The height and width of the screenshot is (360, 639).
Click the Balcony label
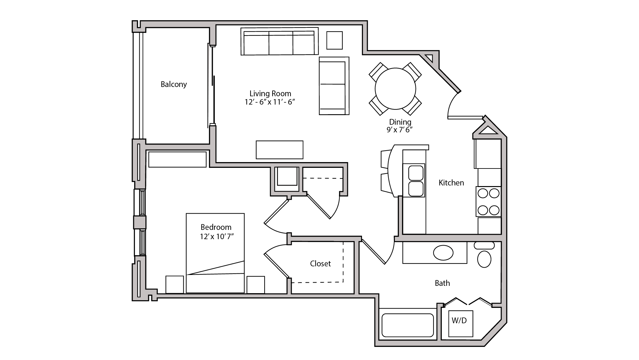[x=173, y=84]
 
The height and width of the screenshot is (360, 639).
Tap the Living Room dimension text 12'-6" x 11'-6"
[x=270, y=102]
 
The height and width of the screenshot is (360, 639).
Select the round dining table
[x=395, y=89]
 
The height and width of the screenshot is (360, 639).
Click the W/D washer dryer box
[x=460, y=323]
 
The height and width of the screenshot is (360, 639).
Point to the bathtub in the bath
[x=407, y=325]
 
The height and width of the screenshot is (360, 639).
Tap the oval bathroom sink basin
[x=443, y=253]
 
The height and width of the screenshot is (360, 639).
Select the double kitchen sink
[x=416, y=181]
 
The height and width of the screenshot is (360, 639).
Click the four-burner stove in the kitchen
[x=489, y=202]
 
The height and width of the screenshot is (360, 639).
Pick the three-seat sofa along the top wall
[x=279, y=43]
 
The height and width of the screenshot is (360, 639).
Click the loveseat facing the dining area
[x=334, y=86]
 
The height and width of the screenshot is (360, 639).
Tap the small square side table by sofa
[x=335, y=40]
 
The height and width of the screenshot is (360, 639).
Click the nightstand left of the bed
[x=174, y=284]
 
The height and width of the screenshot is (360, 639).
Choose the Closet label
[x=320, y=263]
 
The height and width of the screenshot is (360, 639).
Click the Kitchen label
[x=451, y=183]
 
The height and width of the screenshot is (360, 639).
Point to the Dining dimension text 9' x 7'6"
[x=400, y=130]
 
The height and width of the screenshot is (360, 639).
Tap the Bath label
[x=442, y=283]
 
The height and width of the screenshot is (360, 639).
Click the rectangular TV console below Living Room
[x=280, y=150]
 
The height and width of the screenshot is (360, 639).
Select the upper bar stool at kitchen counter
[x=385, y=159]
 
